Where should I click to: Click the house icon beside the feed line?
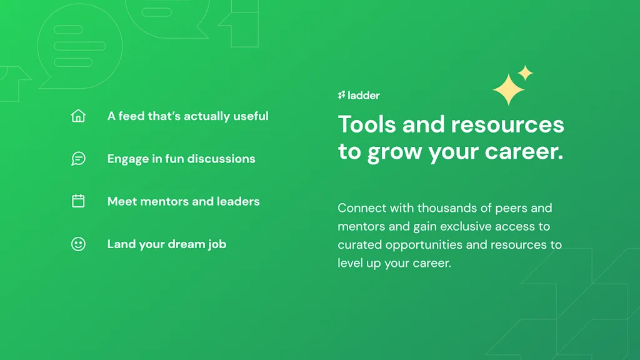click(x=78, y=116)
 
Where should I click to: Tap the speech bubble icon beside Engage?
click(x=78, y=158)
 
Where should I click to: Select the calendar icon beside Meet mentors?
click(x=78, y=201)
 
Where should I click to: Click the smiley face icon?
click(x=78, y=244)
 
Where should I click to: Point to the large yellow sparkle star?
click(x=508, y=89)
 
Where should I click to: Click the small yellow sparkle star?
click(x=525, y=73)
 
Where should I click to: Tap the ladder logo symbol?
click(x=341, y=96)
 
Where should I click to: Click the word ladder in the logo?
click(x=364, y=96)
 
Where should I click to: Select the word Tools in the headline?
click(x=367, y=124)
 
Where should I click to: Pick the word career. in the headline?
click(x=524, y=151)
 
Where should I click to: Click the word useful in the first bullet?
click(x=251, y=116)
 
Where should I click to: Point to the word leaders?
click(x=238, y=201)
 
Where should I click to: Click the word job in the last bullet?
click(x=217, y=244)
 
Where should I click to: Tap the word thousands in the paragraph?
click(x=447, y=207)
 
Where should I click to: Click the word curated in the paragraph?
click(x=359, y=244)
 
